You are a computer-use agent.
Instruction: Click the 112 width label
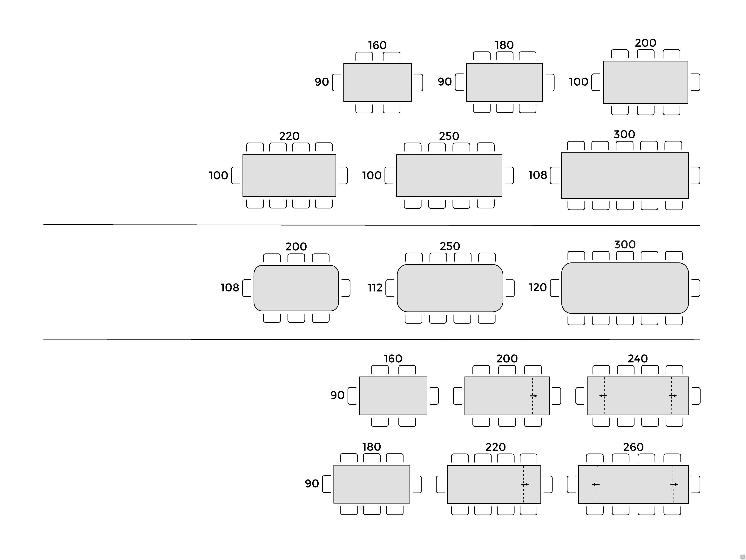375,288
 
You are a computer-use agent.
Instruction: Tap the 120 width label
538,287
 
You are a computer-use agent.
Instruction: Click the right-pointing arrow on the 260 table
674,484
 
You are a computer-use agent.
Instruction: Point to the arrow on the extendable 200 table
533,396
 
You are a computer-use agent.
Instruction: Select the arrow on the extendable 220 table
525,484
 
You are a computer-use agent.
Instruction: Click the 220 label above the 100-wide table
289,136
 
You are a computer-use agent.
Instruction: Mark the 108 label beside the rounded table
230,288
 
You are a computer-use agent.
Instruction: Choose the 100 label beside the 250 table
372,175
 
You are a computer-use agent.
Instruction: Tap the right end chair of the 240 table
695,396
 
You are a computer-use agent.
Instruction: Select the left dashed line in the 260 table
597,484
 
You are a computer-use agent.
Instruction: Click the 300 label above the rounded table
625,244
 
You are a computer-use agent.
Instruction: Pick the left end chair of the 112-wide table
390,288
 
